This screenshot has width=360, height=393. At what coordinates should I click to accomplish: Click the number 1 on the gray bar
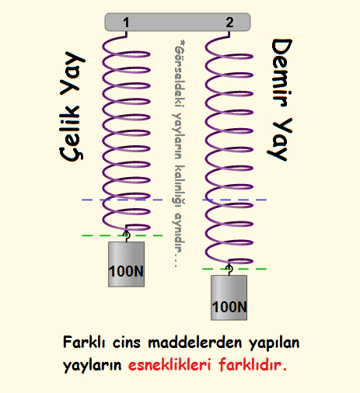126,23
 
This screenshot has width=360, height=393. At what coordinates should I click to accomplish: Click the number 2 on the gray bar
229,23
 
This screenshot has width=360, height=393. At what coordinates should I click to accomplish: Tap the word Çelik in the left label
71,133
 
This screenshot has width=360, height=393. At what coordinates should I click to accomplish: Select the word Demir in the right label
281,73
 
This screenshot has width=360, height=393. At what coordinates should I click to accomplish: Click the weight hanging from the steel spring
126,264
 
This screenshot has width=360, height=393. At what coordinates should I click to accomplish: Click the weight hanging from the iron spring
229,297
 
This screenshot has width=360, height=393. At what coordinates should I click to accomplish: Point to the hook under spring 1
126,235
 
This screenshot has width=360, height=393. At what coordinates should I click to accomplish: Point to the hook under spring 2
229,270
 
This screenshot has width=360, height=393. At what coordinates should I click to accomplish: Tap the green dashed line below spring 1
122,235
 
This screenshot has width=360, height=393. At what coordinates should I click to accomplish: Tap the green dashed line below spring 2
234,269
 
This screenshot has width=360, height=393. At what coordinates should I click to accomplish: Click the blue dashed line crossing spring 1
122,200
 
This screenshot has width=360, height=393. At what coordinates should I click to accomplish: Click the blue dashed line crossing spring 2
234,200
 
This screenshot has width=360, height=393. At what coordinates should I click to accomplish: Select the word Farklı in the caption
84,342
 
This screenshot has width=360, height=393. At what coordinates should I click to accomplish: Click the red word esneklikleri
170,365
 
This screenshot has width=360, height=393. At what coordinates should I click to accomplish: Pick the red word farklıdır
253,365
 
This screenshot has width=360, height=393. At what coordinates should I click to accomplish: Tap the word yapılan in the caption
274,343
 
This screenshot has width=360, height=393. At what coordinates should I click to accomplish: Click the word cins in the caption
127,343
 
